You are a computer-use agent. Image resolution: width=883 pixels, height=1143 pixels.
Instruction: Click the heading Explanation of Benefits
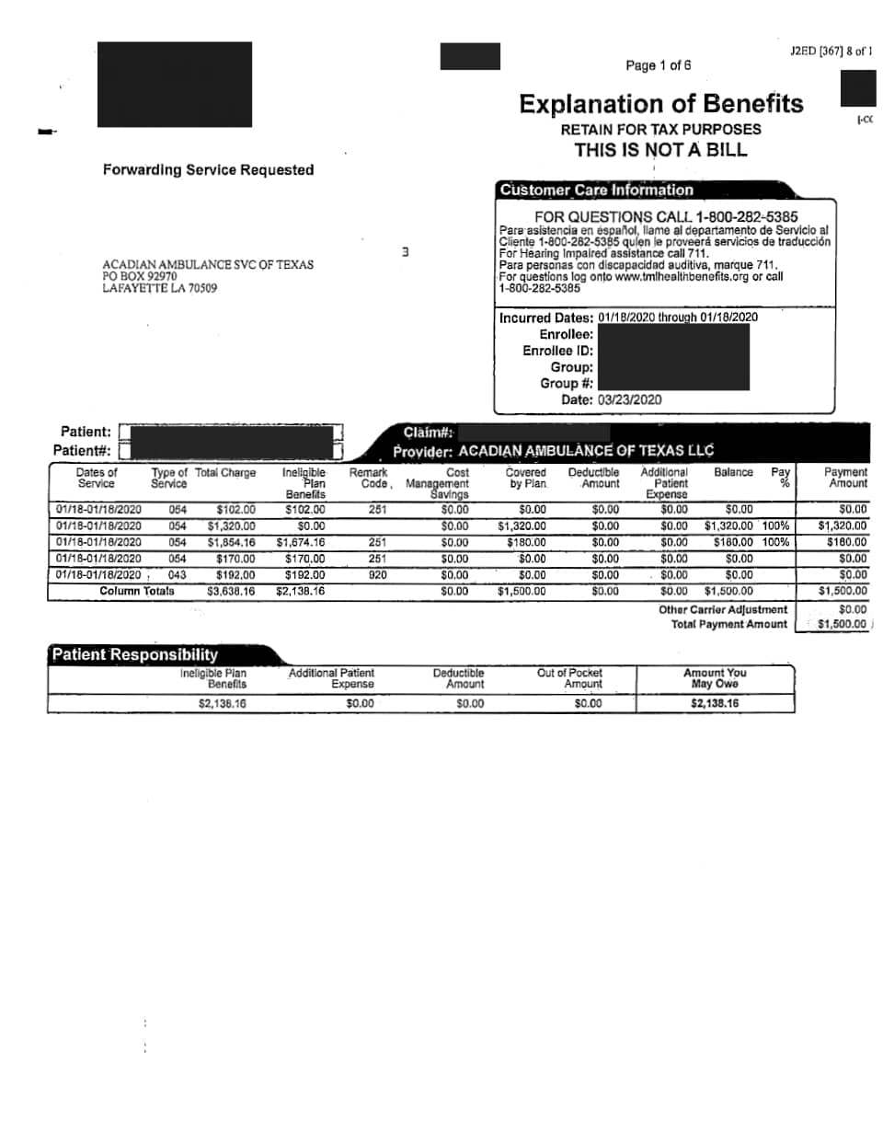point(660,104)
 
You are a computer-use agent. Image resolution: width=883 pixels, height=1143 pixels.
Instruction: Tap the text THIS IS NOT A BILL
point(660,150)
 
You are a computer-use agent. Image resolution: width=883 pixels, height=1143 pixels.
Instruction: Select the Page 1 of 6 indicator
point(658,65)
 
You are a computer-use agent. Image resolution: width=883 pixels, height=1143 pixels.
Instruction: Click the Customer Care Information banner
point(596,190)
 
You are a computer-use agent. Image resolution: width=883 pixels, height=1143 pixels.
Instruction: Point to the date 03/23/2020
point(629,399)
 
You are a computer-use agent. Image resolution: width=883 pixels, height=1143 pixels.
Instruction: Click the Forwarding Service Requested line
point(208,170)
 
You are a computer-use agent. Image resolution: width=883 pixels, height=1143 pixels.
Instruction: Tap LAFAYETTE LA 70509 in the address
point(160,288)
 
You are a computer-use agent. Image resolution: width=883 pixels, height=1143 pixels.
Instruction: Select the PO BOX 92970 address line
point(140,276)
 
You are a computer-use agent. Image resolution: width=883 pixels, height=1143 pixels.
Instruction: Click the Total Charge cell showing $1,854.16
point(231,543)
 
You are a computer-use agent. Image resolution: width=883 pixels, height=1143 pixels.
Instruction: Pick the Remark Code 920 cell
point(377,575)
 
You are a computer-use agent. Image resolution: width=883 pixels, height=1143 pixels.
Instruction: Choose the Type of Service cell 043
point(177,575)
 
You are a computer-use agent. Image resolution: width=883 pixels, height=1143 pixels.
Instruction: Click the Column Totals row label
point(137,591)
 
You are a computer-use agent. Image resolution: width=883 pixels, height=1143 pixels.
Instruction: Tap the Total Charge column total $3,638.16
point(231,592)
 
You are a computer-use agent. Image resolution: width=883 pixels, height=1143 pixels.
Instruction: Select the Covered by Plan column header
point(526,478)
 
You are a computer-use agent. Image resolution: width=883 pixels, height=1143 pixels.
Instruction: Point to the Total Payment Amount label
point(728,624)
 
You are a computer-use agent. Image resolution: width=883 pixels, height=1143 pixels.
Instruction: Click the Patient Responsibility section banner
point(135,655)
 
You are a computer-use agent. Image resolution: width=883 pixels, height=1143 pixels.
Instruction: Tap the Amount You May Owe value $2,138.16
point(715,704)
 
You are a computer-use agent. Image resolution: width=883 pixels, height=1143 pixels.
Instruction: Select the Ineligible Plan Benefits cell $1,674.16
point(301,543)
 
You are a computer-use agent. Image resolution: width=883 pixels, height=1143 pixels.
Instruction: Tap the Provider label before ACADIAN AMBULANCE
point(422,452)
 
